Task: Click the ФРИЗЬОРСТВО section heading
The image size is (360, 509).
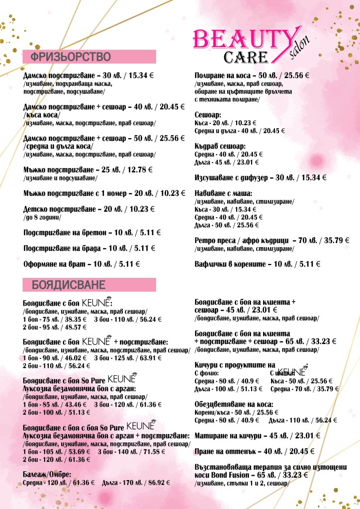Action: pos(70,56)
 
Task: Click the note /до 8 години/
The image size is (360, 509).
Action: pos(42,218)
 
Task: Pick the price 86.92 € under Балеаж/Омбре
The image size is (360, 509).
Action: pos(154,482)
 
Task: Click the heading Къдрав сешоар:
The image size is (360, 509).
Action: pos(220,147)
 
